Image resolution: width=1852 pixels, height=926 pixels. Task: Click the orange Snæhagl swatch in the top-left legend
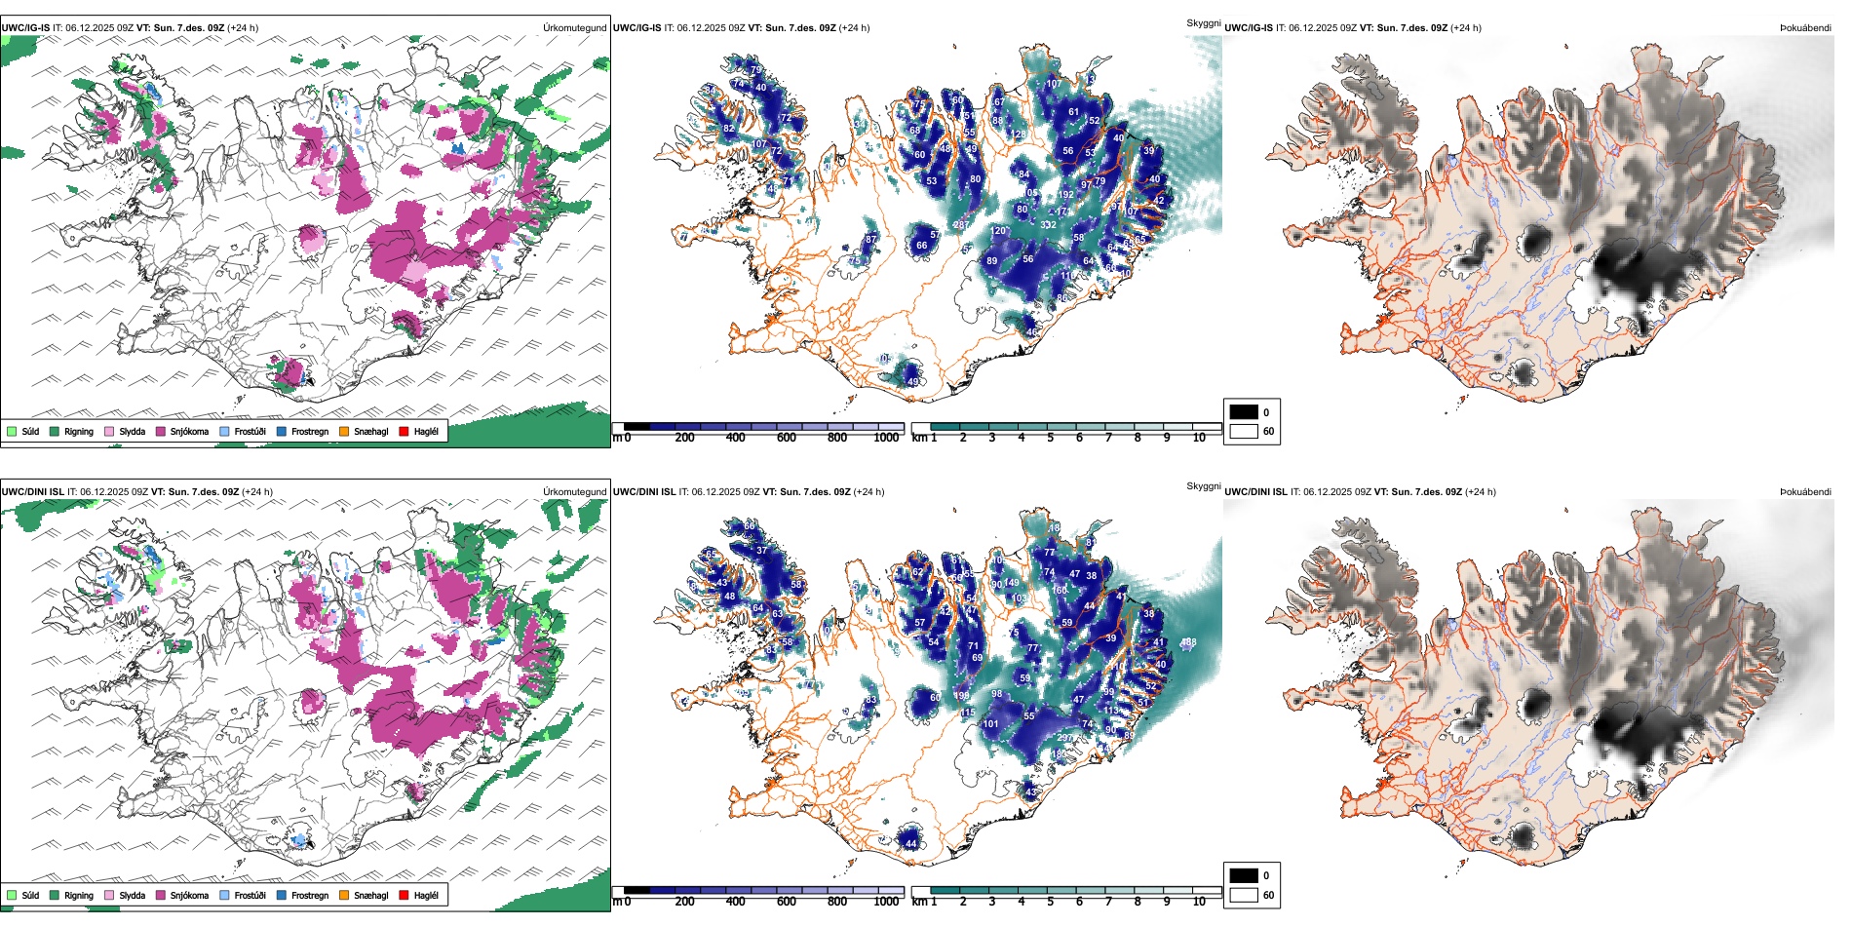tap(344, 432)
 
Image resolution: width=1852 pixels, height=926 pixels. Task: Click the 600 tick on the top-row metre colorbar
tap(786, 438)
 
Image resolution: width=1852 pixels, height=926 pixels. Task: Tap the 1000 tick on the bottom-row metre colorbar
tap(886, 902)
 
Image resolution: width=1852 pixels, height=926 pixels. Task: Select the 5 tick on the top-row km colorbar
tap(1050, 438)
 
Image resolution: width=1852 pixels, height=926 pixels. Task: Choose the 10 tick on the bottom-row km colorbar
tap(1199, 902)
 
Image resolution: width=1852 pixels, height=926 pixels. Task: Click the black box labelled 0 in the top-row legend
tap(1244, 412)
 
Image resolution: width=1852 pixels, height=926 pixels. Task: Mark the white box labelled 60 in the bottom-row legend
tap(1244, 895)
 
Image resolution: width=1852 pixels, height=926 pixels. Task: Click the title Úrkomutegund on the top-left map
tap(574, 28)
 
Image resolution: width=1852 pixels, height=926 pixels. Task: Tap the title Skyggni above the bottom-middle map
tap(1203, 486)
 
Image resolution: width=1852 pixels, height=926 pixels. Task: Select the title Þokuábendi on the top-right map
tap(1805, 28)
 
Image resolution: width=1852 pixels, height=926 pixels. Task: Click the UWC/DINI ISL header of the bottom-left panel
tap(32, 492)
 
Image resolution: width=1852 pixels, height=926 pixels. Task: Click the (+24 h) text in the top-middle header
tap(854, 28)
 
